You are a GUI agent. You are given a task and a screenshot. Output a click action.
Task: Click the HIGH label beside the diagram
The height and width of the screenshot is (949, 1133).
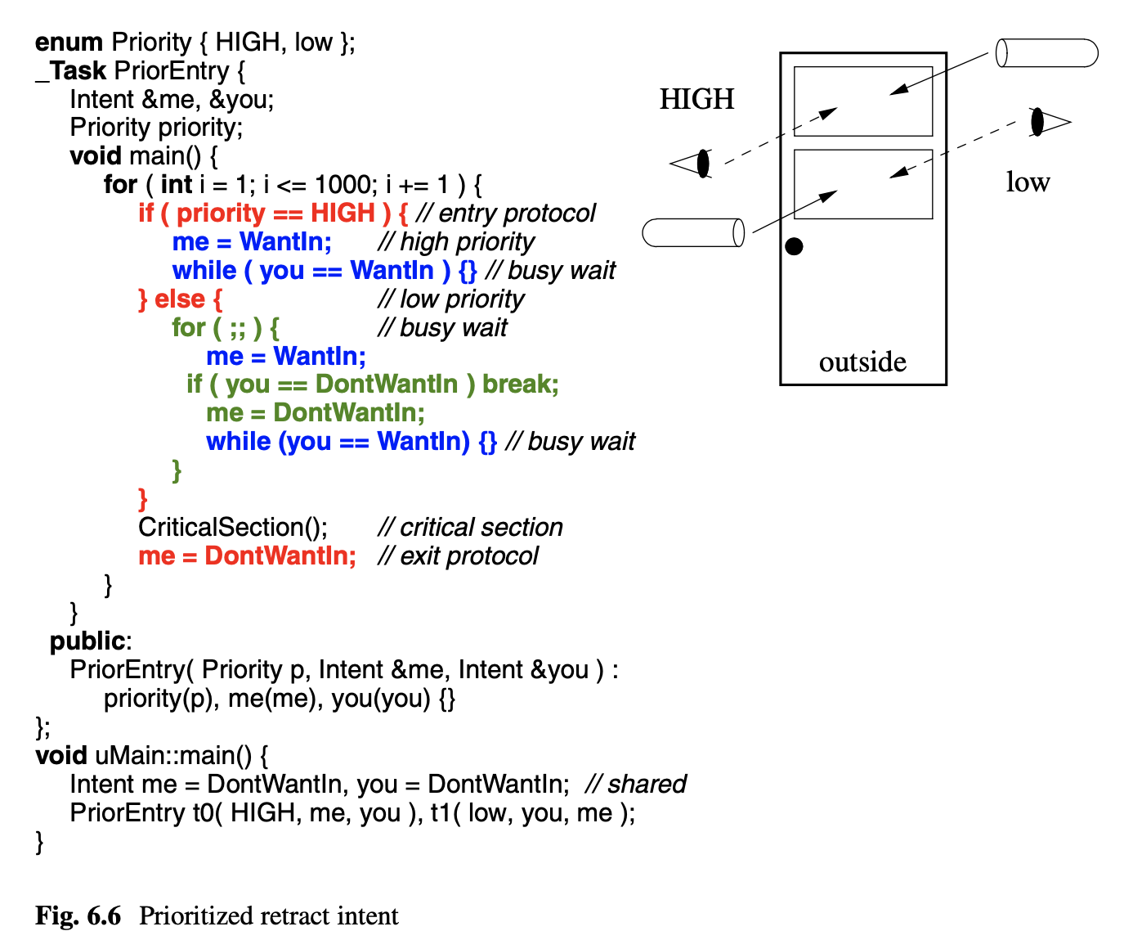[696, 99]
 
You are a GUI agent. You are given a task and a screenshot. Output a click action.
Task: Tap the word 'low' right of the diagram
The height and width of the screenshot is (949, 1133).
[1028, 182]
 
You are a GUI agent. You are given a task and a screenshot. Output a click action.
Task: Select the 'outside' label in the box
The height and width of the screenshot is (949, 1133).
[862, 362]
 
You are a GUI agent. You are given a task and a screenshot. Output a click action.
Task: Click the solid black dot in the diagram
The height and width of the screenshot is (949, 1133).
[794, 246]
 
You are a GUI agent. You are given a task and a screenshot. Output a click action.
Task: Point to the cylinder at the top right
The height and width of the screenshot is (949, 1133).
[1047, 53]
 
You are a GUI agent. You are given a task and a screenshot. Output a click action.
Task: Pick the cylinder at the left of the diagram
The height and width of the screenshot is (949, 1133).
[693, 232]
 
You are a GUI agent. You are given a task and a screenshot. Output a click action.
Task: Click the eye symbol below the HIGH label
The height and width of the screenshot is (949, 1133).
[692, 163]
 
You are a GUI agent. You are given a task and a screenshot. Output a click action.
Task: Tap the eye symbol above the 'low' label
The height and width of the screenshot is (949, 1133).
[1049, 122]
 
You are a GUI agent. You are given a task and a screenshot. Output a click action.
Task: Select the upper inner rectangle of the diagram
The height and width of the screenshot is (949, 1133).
[863, 101]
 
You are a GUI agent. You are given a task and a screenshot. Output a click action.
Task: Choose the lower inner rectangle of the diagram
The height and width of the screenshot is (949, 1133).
[863, 184]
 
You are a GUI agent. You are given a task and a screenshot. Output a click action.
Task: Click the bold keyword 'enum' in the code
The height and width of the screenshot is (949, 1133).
[69, 42]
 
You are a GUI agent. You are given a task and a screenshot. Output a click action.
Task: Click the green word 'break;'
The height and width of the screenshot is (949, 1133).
[521, 384]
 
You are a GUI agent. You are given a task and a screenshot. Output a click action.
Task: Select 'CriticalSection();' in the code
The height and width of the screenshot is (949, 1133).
[233, 527]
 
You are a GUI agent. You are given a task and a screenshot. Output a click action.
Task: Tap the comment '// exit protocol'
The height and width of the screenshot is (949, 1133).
[458, 555]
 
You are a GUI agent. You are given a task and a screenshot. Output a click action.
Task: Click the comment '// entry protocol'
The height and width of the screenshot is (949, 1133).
[506, 213]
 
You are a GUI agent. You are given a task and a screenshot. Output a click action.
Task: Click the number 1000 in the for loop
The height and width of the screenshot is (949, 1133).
[345, 184]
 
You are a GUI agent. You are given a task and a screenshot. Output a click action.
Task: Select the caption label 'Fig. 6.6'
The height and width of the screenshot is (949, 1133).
[78, 915]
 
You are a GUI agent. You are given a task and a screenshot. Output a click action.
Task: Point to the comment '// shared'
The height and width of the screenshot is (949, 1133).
[636, 784]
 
